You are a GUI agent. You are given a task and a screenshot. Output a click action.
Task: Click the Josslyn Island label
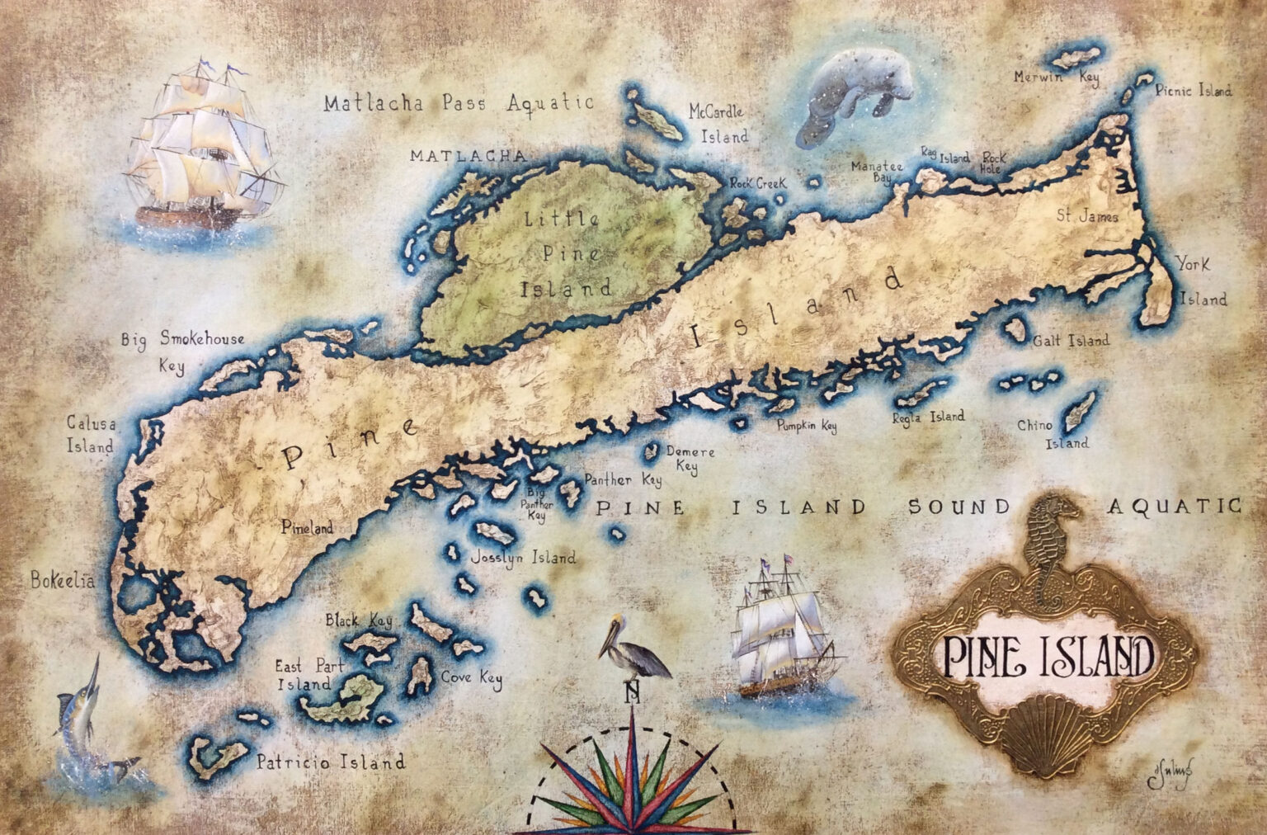click(522, 558)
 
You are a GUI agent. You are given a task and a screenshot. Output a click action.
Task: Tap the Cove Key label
click(472, 678)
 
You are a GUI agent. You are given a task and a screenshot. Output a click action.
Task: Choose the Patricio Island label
click(330, 762)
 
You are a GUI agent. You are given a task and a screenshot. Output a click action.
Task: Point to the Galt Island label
click(1076, 340)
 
